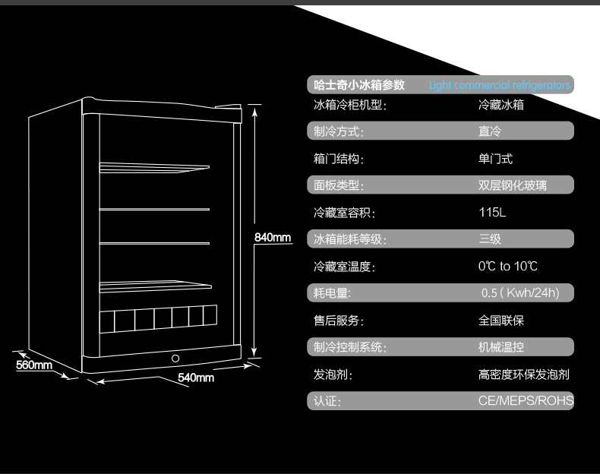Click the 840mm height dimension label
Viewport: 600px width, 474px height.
[273, 238]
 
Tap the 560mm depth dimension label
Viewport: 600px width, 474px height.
[34, 365]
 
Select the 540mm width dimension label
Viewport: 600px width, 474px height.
[196, 377]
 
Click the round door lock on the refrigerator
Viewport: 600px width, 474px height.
[175, 359]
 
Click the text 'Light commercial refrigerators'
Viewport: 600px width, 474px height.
[499, 86]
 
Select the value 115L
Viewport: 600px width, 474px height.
[492, 213]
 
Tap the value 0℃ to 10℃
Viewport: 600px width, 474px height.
[508, 267]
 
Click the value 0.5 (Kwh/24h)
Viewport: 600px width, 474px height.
[519, 293]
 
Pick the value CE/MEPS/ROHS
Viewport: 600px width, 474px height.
[526, 400]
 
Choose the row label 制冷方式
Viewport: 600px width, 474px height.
[339, 132]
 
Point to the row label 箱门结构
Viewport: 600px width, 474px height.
[339, 159]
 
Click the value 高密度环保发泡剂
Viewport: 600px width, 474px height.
[524, 374]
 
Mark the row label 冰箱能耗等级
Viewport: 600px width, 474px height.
[350, 240]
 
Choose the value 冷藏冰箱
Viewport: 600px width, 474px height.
[501, 105]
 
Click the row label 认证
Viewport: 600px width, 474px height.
[327, 401]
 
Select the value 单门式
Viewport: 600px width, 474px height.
[495, 159]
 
